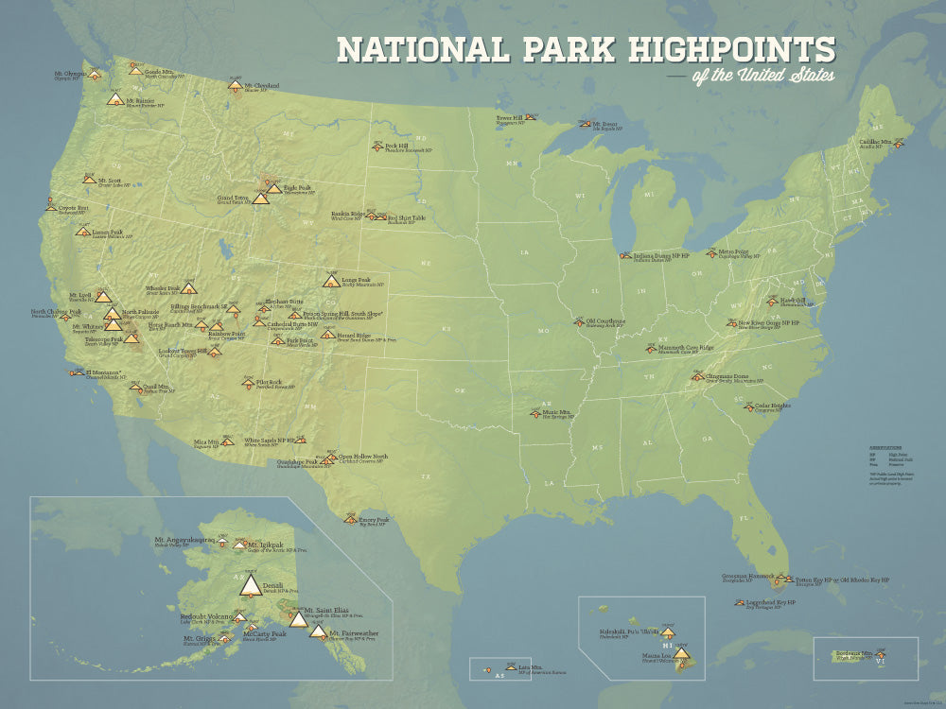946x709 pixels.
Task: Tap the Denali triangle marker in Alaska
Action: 251,586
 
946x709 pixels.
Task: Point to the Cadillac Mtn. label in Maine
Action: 875,142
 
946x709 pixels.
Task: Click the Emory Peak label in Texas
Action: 375,517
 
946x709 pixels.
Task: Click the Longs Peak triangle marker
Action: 331,281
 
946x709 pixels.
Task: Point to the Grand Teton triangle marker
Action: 260,199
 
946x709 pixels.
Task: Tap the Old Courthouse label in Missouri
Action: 605,320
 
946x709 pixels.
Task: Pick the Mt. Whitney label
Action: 86,325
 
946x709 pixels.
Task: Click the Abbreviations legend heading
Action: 885,447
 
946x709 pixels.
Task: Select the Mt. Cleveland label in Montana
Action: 263,85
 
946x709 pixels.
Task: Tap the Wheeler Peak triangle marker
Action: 187,289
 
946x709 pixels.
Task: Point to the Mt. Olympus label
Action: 70,73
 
